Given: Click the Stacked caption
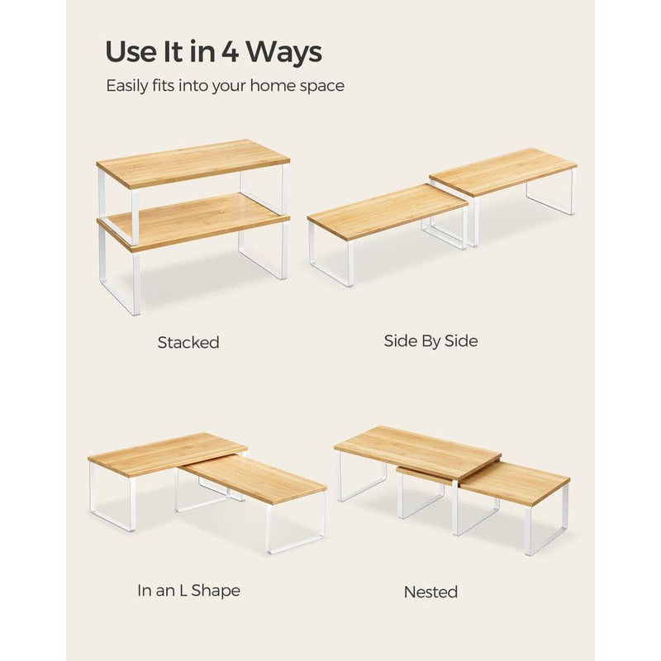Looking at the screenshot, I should tap(188, 342).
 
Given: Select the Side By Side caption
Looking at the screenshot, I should tap(430, 340).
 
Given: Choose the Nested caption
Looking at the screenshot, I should tap(430, 592).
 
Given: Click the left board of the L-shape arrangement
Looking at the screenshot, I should tap(165, 452).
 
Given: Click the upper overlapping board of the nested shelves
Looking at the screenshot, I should tap(417, 450).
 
